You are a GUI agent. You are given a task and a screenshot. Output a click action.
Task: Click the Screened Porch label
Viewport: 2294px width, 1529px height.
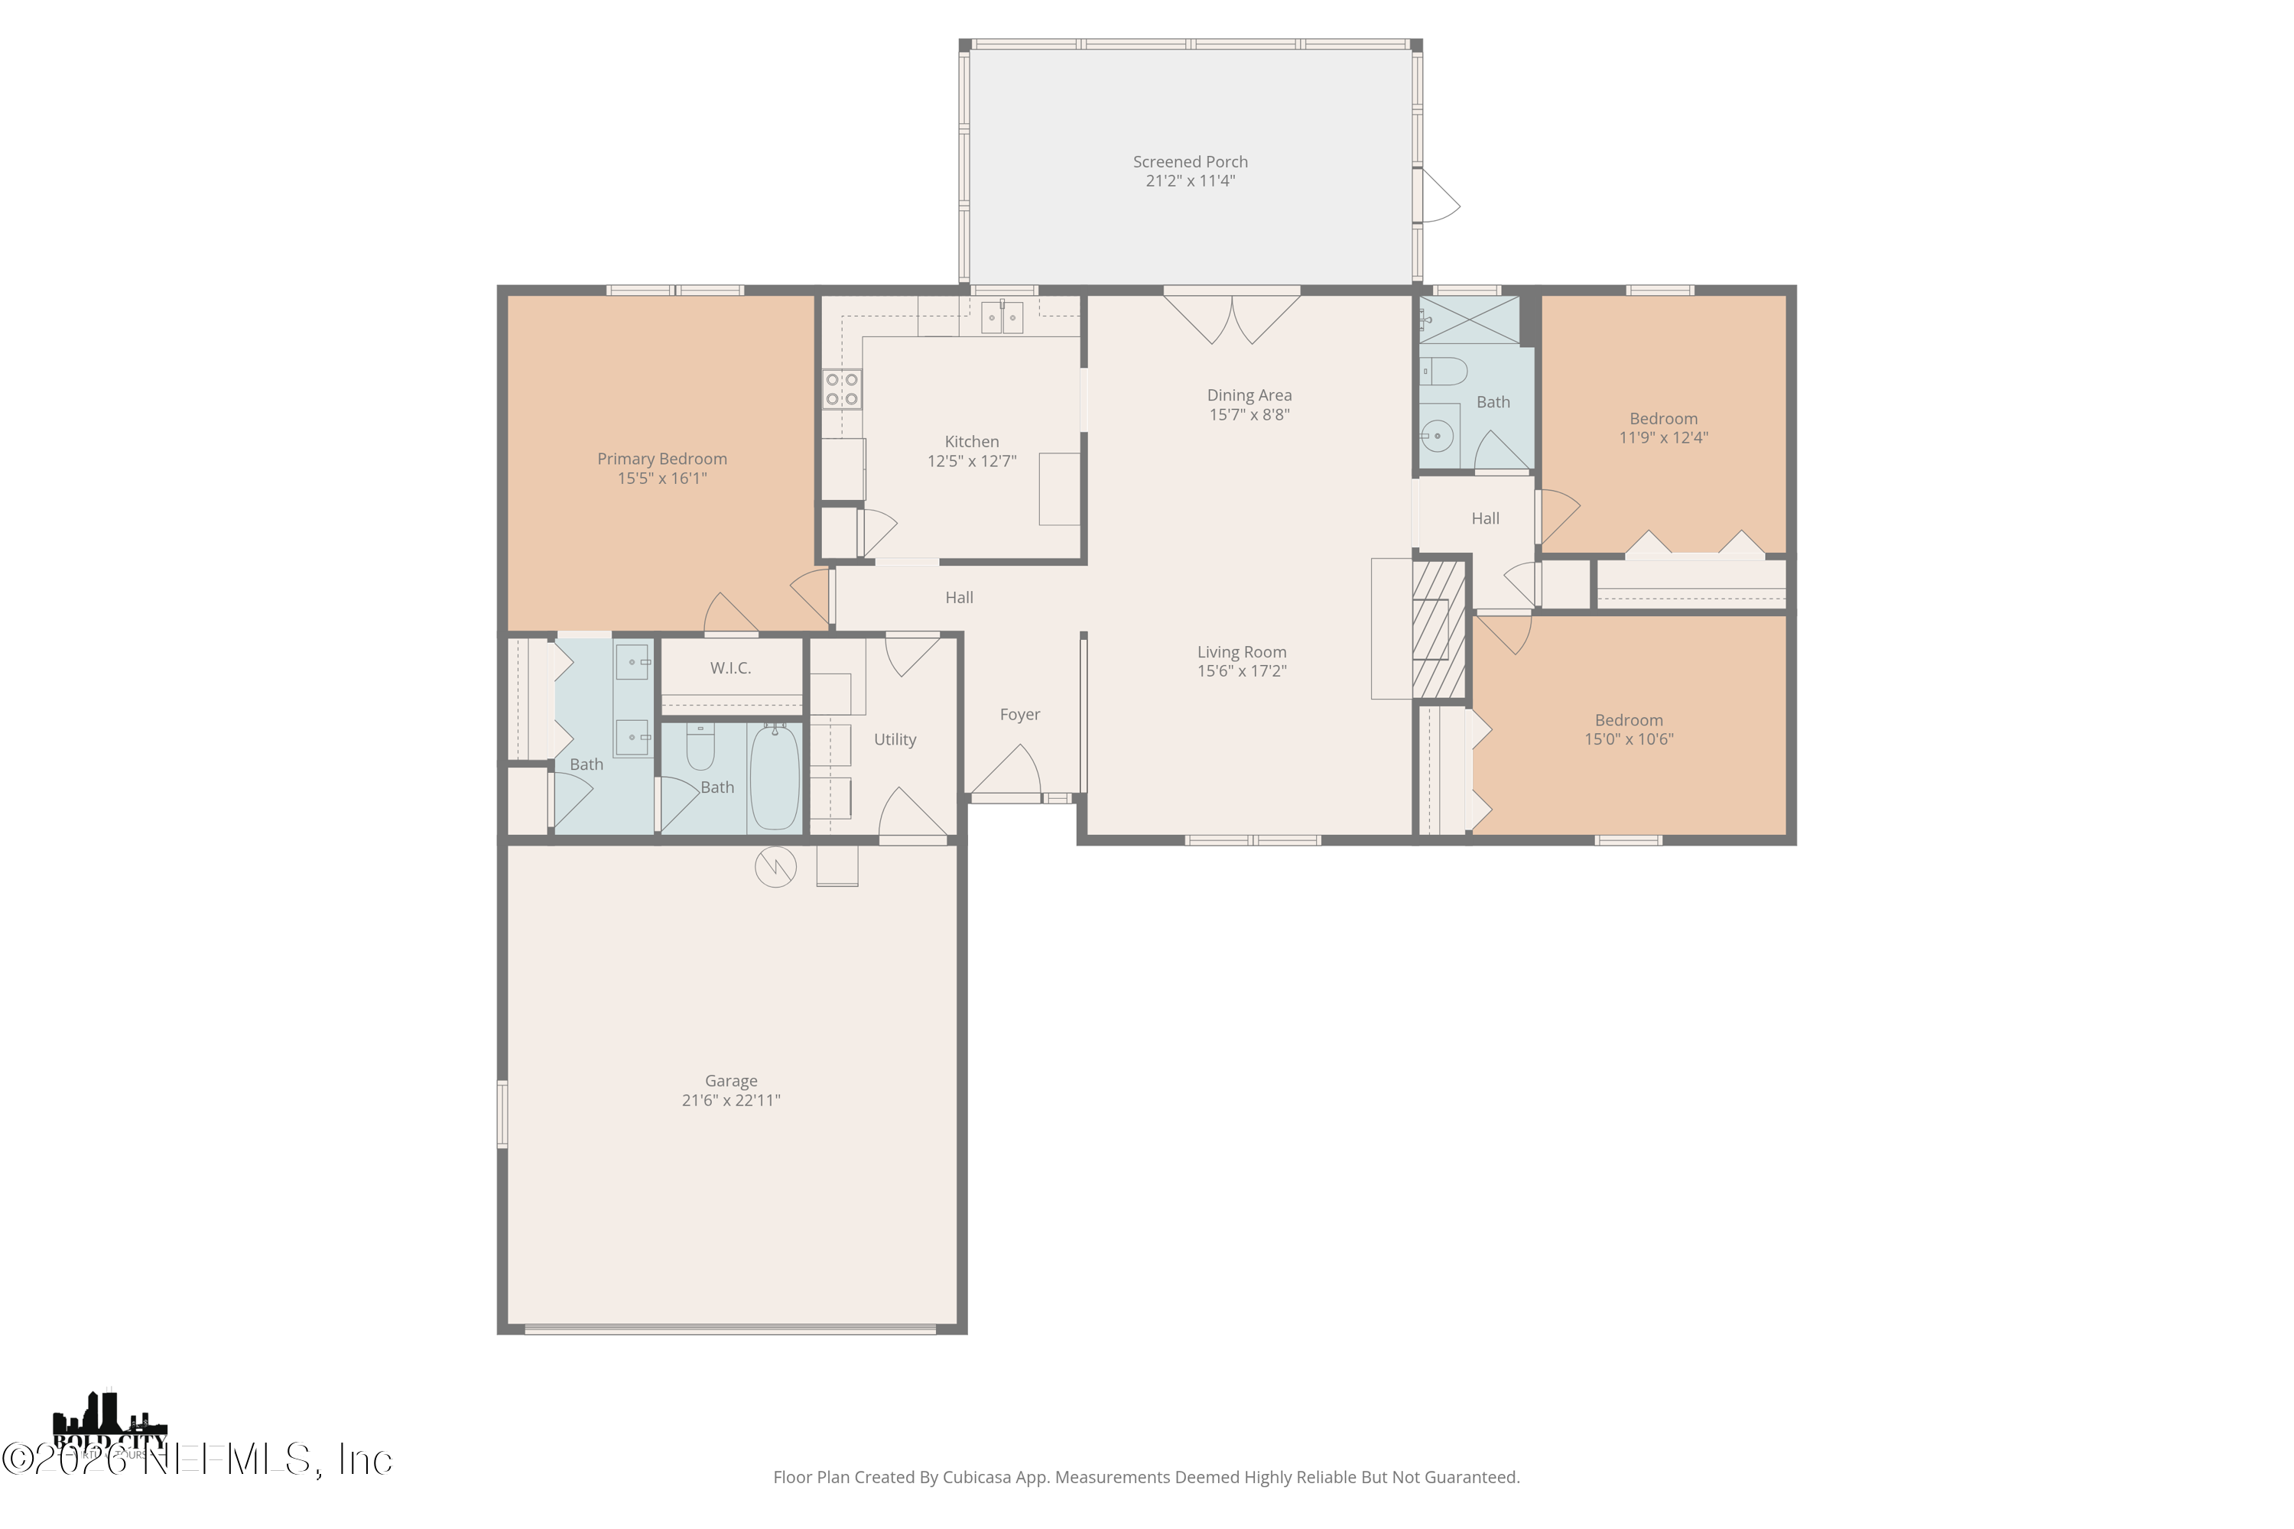tap(1190, 162)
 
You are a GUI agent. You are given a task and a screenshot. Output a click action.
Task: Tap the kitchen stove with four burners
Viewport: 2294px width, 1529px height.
tap(842, 388)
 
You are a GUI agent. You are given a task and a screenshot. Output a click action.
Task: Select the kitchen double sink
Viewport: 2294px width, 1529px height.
tap(1002, 317)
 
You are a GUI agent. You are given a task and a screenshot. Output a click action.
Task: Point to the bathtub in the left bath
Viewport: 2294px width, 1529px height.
tap(775, 776)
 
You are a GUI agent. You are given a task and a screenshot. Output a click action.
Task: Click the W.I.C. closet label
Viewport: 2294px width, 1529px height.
tap(730, 668)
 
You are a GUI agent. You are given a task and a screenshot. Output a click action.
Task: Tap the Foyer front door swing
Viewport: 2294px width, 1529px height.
tap(1006, 771)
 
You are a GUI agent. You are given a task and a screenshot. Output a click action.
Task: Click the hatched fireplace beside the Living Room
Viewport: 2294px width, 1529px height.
tap(1440, 629)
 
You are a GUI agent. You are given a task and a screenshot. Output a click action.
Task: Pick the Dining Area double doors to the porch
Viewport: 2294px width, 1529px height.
tap(1232, 317)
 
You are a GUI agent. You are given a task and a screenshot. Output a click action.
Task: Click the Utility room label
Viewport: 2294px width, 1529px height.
tap(895, 739)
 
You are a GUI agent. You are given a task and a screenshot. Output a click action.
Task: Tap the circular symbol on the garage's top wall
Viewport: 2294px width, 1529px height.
tap(775, 867)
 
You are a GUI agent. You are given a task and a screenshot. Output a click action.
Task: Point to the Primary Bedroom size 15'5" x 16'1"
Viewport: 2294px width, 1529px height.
tap(661, 478)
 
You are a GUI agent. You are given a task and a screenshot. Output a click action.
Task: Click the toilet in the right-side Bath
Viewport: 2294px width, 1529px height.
tap(1442, 372)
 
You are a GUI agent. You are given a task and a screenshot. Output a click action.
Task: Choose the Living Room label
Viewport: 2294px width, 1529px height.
tap(1242, 651)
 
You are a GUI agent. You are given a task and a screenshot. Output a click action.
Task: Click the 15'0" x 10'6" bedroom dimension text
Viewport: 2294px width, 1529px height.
tap(1628, 739)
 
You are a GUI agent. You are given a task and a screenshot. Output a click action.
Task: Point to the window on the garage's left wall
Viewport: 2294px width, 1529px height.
tap(503, 1114)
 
